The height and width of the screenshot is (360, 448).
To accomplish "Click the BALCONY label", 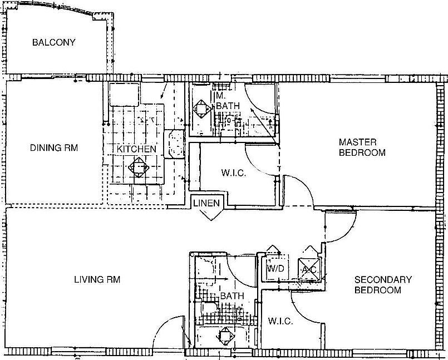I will pos(53,42).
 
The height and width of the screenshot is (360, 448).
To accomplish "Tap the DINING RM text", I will pos(53,148).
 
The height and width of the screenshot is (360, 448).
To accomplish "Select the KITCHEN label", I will pos(136,149).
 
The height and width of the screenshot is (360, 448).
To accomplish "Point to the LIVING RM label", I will pos(97,279).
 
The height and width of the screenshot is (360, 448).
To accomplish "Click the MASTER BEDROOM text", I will pos(362,147).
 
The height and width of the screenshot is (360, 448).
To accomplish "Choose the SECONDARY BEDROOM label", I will pos(382,285).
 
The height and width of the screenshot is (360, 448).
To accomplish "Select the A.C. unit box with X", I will pos(309,269).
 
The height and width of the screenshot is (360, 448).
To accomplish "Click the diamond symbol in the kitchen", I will pos(137,166).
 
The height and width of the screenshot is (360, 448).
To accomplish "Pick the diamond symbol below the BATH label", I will pos(225,336).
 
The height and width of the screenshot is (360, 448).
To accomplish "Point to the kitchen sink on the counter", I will pos(175,144).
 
